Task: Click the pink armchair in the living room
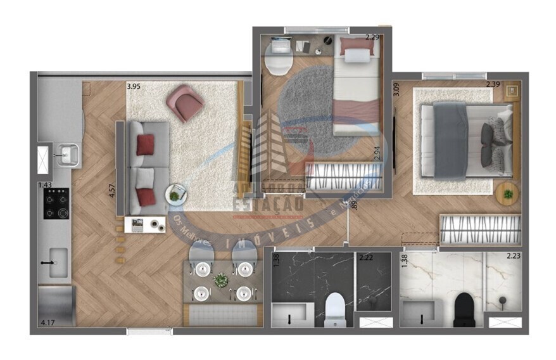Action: [184, 102]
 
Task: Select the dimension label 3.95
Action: [134, 86]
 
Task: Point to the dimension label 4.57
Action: [112, 191]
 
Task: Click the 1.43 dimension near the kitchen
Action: [44, 185]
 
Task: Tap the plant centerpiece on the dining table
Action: [220, 280]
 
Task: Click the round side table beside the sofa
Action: [175, 193]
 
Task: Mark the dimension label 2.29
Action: [372, 37]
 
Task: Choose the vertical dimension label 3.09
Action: [396, 89]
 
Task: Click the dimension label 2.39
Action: [493, 84]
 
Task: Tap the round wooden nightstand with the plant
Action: [507, 193]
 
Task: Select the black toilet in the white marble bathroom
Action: [464, 309]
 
